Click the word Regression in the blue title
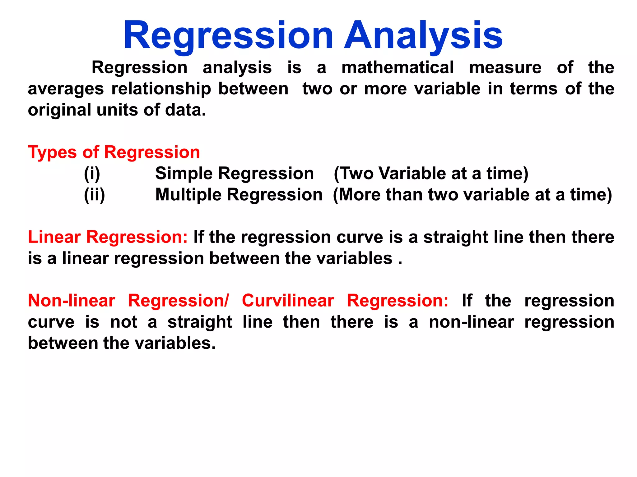click(x=229, y=36)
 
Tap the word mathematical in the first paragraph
click(x=398, y=68)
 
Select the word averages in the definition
click(x=66, y=89)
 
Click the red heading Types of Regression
click(x=114, y=152)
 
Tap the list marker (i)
click(x=92, y=174)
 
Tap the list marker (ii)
click(x=95, y=195)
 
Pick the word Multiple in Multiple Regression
click(x=188, y=195)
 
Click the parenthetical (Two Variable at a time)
click(x=431, y=174)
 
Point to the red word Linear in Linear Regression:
click(x=54, y=237)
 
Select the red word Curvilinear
click(x=288, y=301)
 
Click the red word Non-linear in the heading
click(x=72, y=301)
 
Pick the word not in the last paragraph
click(x=124, y=322)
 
